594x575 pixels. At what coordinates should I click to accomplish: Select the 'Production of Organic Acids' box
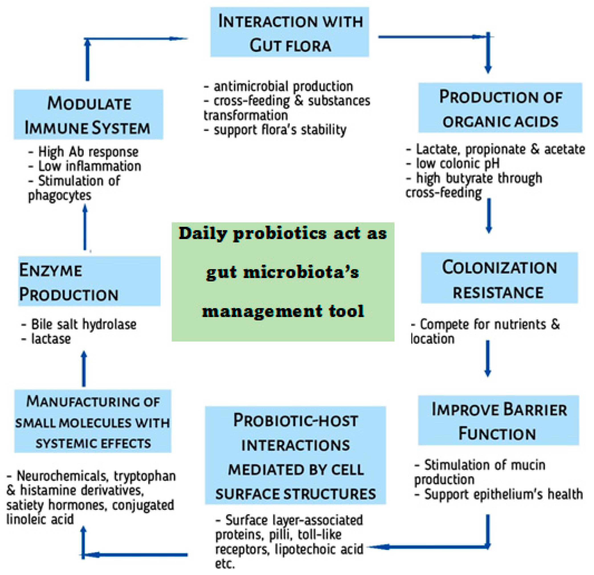pyautogui.click(x=500, y=108)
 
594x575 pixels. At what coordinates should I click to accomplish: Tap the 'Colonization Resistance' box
pyautogui.click(x=499, y=278)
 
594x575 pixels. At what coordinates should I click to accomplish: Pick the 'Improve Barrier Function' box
pyautogui.click(x=498, y=420)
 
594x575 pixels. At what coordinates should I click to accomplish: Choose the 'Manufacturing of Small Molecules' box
pyautogui.click(x=93, y=421)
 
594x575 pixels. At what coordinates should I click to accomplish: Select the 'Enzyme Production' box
pyautogui.click(x=89, y=281)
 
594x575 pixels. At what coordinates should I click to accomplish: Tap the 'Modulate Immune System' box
pyautogui.click(x=88, y=114)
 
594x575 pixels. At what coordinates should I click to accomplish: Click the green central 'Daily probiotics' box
pyautogui.click(x=283, y=282)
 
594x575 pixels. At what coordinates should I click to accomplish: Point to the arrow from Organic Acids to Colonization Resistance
pyautogui.click(x=488, y=216)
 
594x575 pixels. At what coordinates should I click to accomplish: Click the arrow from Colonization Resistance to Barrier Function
pyautogui.click(x=488, y=358)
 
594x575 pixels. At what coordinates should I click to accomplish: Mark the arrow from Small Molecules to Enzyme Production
pyautogui.click(x=84, y=369)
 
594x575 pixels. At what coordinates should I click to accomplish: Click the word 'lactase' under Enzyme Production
pyautogui.click(x=51, y=339)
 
